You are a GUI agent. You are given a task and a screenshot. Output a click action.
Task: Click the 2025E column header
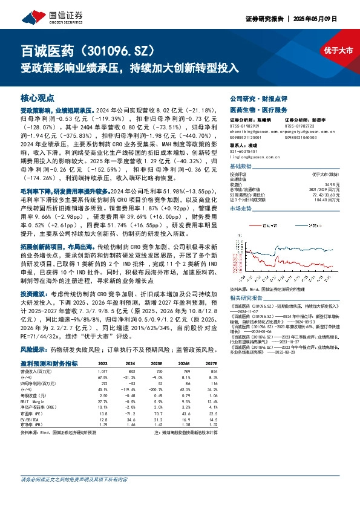coord(157,363)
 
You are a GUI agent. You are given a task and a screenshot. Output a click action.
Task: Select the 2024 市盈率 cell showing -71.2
coord(130,413)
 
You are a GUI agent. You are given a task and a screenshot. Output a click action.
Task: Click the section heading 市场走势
coord(240,207)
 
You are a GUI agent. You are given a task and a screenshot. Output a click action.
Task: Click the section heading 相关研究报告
coord(249,298)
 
